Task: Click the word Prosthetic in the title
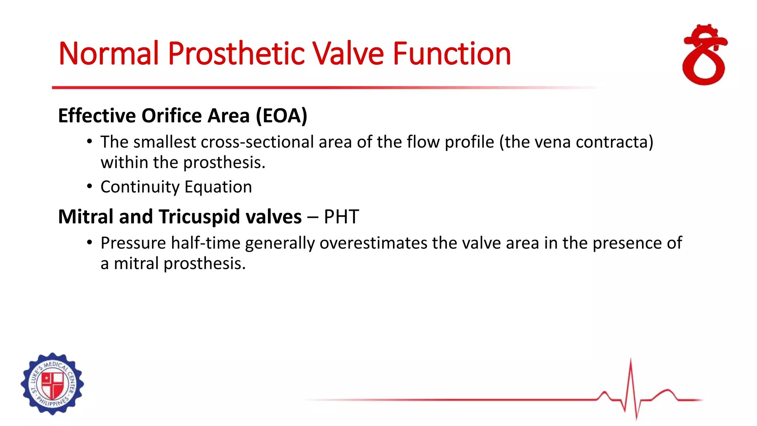[237, 54]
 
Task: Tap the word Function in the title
[451, 54]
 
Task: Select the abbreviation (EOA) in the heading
[281, 116]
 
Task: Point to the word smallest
[164, 142]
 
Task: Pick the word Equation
[218, 187]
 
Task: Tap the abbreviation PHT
[341, 217]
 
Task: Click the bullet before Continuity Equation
[89, 186]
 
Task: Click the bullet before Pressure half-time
[89, 243]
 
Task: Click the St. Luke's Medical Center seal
[52, 383]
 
